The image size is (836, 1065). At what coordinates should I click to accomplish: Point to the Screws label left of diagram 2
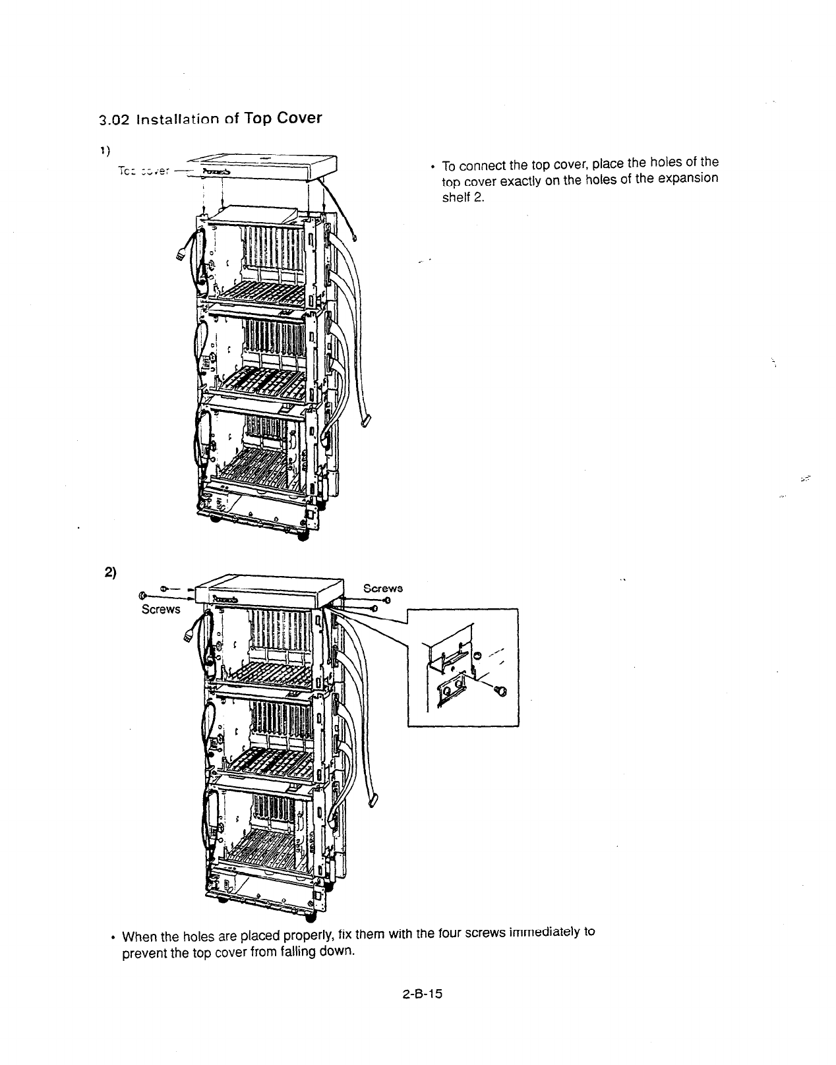[x=161, y=609]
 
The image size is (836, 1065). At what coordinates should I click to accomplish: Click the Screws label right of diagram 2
[x=383, y=588]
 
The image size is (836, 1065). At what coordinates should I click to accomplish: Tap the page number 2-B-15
[x=420, y=994]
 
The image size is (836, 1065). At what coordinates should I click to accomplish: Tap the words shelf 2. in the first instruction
[x=463, y=196]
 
